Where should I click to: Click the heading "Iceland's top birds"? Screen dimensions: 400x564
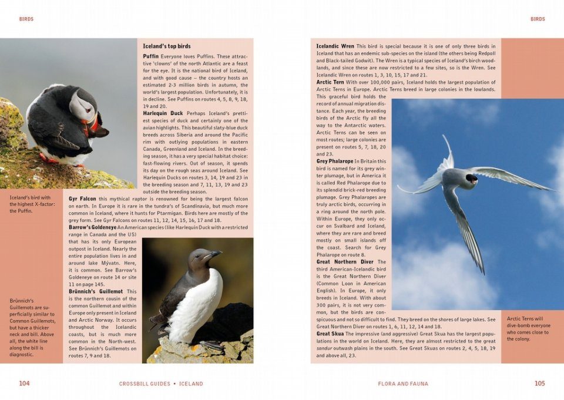(167, 46)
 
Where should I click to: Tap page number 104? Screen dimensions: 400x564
(24, 384)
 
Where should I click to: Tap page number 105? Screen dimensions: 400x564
(539, 384)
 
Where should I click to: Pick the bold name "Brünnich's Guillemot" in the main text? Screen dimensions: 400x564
(95, 291)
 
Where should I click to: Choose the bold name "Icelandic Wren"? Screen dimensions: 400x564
(335, 46)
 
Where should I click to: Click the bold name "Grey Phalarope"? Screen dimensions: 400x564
(335, 161)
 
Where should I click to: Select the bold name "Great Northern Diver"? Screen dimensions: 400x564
(345, 262)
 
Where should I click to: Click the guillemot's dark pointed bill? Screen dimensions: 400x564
(213, 254)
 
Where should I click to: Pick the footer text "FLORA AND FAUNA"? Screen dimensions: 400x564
(403, 384)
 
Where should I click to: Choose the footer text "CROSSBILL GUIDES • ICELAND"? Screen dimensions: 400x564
(160, 384)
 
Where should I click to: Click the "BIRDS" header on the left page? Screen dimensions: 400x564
(26, 19)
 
